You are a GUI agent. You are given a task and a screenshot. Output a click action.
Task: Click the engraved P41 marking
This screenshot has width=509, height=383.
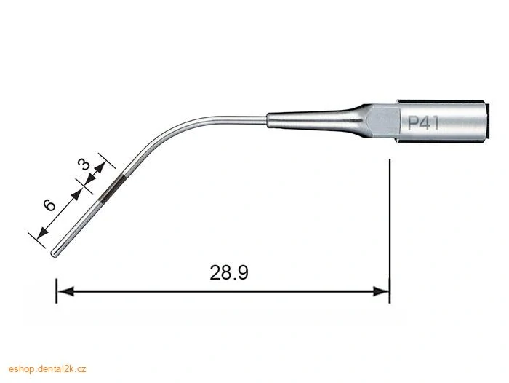423,123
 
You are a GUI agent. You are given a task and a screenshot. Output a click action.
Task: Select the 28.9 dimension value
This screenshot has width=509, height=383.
229,273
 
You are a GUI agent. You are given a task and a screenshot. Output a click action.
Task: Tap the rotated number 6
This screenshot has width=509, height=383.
49,205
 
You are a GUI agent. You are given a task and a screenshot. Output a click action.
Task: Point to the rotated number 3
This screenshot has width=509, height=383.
84,165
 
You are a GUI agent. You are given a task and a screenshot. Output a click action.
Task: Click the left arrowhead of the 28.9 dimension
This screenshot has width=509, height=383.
65,291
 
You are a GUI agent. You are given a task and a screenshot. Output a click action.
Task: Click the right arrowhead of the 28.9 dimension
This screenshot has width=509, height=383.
381,291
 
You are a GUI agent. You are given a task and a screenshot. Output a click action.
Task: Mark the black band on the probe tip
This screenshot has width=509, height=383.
111,189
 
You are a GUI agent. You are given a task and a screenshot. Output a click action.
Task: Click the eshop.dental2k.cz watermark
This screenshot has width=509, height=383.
47,369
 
